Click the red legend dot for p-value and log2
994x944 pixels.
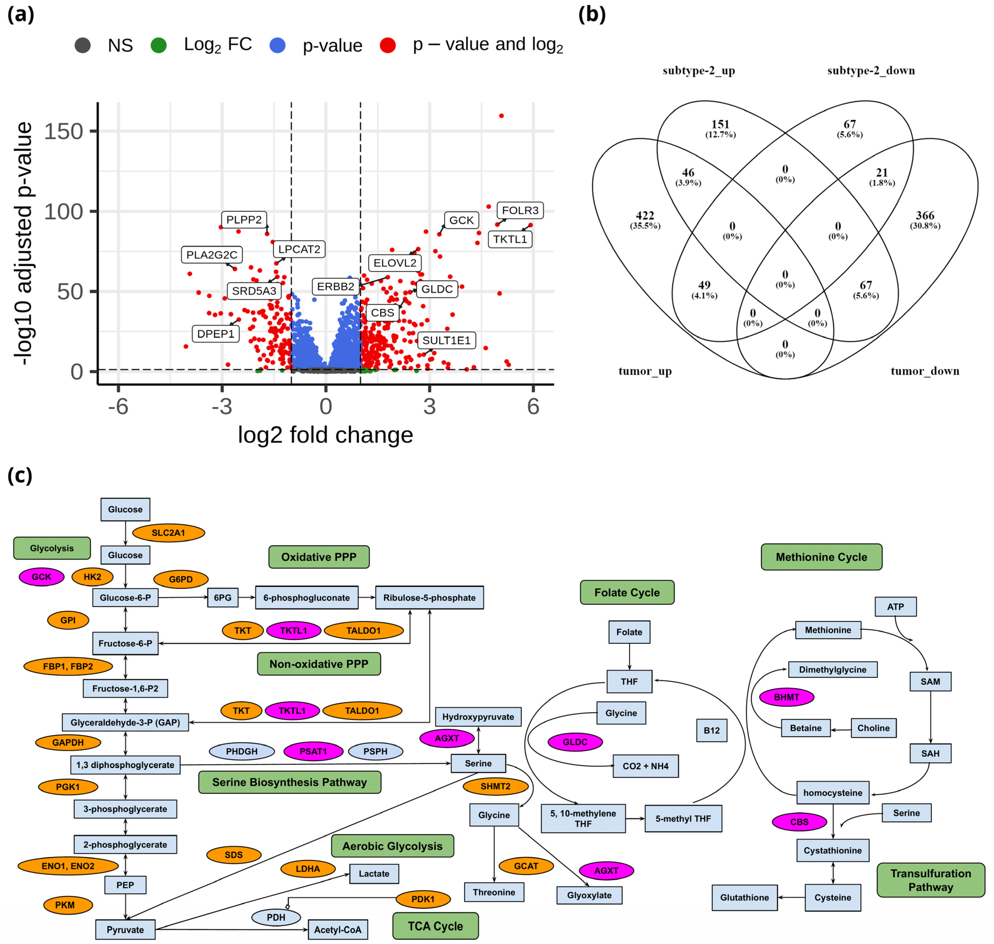point(387,45)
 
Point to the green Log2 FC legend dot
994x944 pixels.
point(158,45)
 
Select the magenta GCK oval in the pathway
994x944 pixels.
point(41,577)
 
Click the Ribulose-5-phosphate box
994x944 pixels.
point(429,597)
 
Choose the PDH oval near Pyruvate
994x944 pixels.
point(276,917)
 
